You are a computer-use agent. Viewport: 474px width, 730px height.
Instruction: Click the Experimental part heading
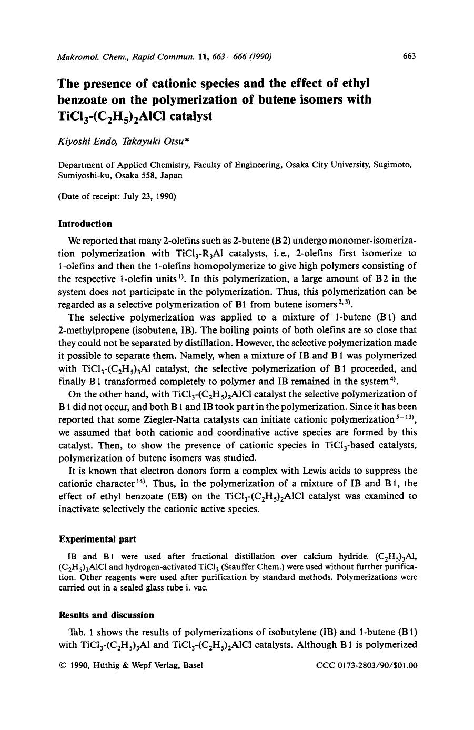click(x=97, y=539)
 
